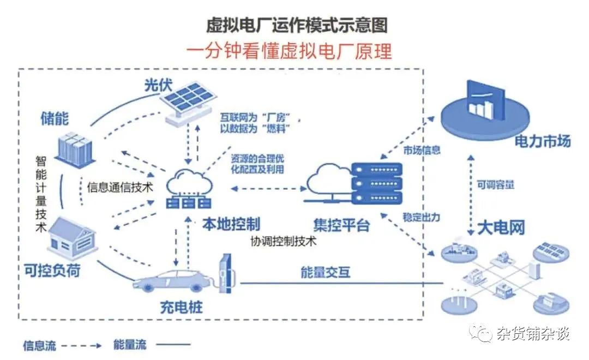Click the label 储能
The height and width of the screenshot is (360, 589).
[x=55, y=118]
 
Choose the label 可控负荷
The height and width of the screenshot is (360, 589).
[x=52, y=269]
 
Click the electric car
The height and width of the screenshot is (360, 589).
[x=172, y=281]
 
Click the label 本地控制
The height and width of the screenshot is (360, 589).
[x=231, y=224]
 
